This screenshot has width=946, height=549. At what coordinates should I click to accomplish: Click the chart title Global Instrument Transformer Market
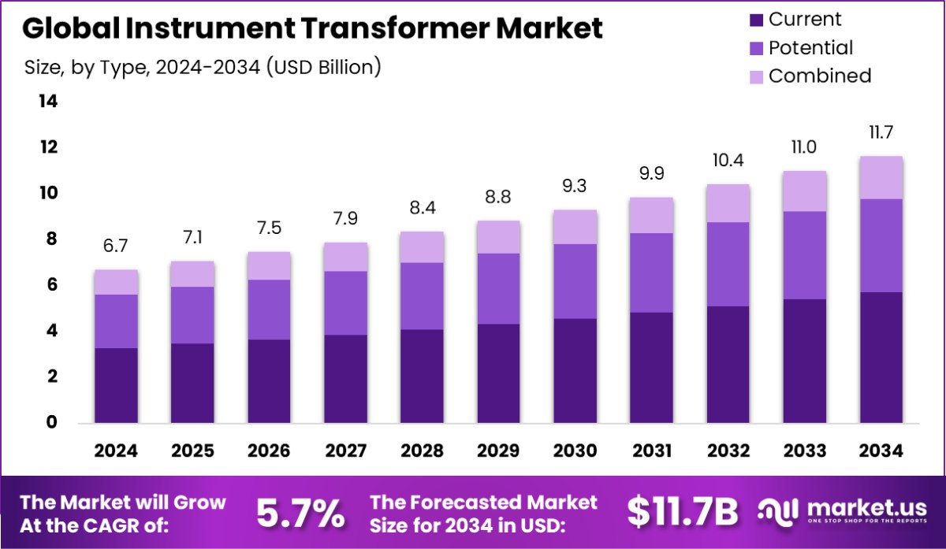(x=312, y=28)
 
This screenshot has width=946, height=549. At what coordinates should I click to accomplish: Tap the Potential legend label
(x=810, y=48)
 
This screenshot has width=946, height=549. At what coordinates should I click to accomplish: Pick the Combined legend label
(x=820, y=76)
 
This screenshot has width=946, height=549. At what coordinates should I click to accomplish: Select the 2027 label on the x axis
(x=345, y=451)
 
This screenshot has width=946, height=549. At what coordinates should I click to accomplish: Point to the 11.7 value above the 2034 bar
(x=881, y=132)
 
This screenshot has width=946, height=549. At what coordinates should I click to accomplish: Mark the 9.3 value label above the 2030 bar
(x=575, y=187)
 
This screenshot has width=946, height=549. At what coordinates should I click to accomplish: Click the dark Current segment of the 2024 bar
(x=116, y=385)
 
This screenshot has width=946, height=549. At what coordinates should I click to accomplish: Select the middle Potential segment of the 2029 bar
(x=498, y=288)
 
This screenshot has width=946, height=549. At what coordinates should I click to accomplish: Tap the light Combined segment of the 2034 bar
(x=881, y=177)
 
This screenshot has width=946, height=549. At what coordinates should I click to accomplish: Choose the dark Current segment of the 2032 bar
(x=728, y=364)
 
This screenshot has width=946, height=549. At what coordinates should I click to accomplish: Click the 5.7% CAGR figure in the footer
(x=300, y=514)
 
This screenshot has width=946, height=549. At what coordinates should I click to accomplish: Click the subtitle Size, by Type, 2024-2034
(x=203, y=68)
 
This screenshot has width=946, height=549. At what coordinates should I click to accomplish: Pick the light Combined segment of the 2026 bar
(x=269, y=265)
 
